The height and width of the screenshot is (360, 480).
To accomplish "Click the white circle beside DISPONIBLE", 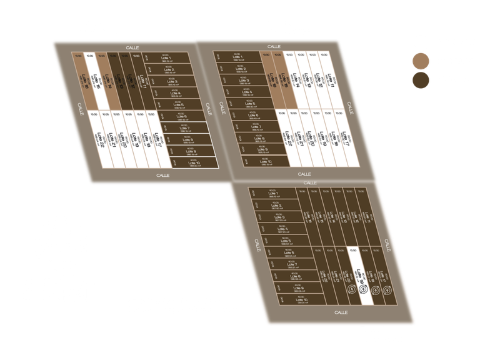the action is tap(420, 42).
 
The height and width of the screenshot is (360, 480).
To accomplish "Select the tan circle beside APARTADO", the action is tap(420, 61).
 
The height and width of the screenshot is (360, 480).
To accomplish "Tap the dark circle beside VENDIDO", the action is tap(420, 80).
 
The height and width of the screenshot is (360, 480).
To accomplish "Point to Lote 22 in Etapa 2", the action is tap(289, 138).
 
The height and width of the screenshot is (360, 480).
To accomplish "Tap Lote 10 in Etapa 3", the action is tap(300, 301).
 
